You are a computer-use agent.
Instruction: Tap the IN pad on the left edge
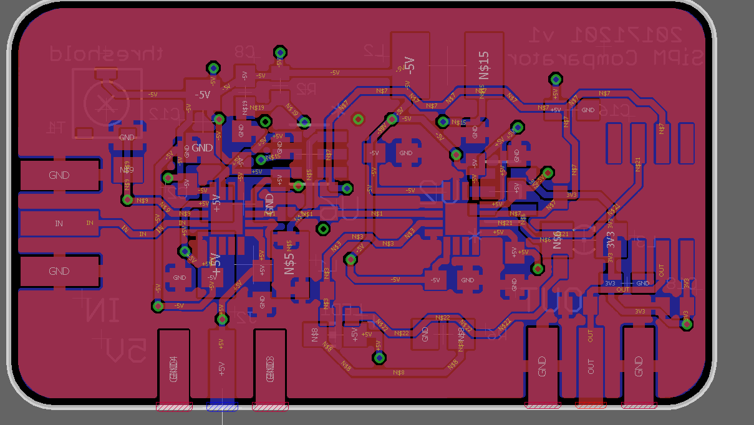59,223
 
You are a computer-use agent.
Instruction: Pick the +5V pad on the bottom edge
221,368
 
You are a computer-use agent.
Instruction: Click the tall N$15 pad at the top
484,65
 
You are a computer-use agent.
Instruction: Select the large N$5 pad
290,262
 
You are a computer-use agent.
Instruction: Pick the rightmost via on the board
687,324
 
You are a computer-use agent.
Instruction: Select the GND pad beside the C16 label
587,110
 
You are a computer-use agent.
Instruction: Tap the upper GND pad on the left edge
59,175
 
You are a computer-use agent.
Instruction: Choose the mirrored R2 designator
306,89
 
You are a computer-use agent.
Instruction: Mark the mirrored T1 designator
56,128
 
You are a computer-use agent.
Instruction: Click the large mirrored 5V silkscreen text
125,353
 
